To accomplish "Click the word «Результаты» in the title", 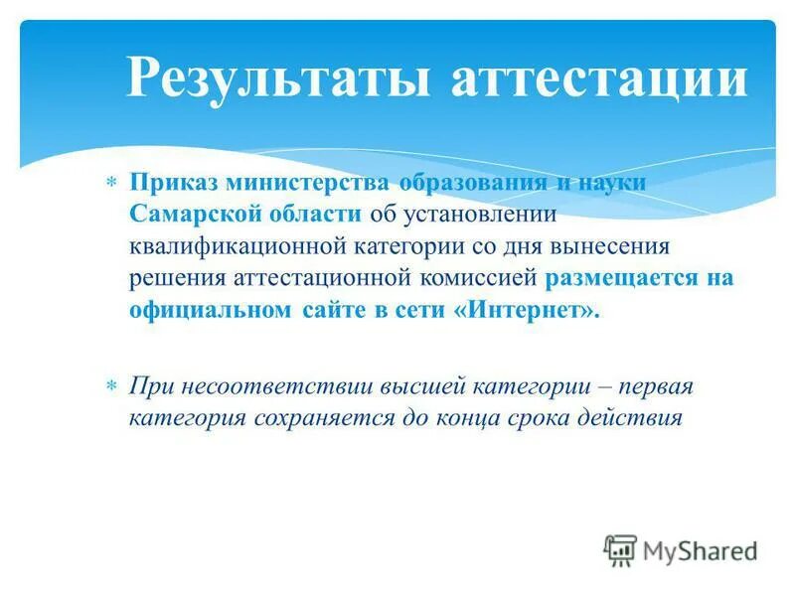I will tap(281, 79).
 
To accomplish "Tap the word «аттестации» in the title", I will tap(599, 79).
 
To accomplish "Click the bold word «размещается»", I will tap(621, 277).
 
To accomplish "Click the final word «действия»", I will tap(636, 417).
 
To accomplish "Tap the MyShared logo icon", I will tap(620, 549).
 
